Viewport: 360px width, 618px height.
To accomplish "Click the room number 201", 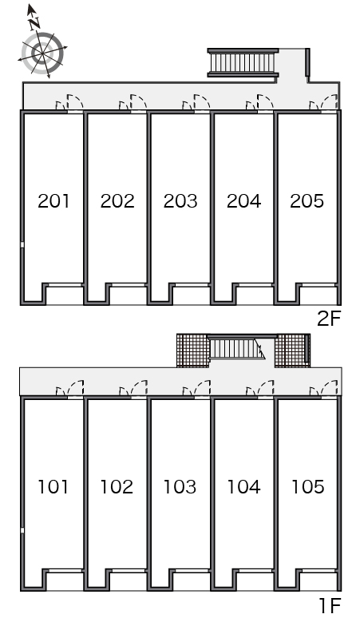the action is coord(53,201).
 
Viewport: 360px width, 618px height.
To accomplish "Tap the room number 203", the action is coord(180,201).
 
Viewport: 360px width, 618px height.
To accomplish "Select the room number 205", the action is coord(307,201).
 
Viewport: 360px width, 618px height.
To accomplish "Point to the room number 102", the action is coord(117,487).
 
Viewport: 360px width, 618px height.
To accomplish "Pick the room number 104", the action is coord(243,487).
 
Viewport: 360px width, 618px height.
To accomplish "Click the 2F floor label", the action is coord(329,319).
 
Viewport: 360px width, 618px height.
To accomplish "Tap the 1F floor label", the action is coord(330,605).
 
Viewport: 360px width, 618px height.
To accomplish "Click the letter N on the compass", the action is coord(34,24).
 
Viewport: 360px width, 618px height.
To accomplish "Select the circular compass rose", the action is coord(42,53).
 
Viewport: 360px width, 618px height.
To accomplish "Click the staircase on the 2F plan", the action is coord(243,62).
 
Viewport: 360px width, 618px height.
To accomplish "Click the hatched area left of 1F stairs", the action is coord(192,351).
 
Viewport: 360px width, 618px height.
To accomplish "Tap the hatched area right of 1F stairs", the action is coord(292,351).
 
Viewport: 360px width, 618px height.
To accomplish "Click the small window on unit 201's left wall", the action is coord(22,245).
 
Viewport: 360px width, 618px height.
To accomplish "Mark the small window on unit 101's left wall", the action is coord(22,530).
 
